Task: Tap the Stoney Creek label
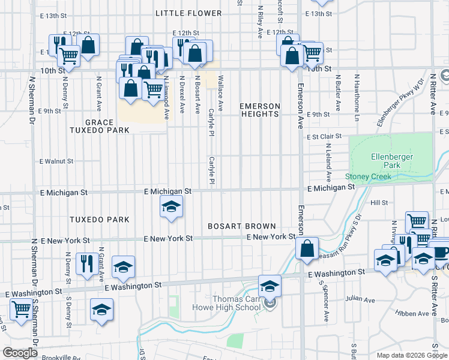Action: [x=368, y=176]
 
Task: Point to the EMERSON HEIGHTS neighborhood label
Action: [x=260, y=110]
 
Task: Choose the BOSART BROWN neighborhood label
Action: [x=242, y=226]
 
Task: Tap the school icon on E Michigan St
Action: [x=171, y=208]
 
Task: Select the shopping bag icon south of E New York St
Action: [x=307, y=248]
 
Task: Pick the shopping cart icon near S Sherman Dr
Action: [x=21, y=310]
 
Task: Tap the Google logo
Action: [x=20, y=352]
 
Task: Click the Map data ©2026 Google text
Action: [x=411, y=355]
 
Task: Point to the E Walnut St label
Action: [x=56, y=161]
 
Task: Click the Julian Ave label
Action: [x=360, y=299]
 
